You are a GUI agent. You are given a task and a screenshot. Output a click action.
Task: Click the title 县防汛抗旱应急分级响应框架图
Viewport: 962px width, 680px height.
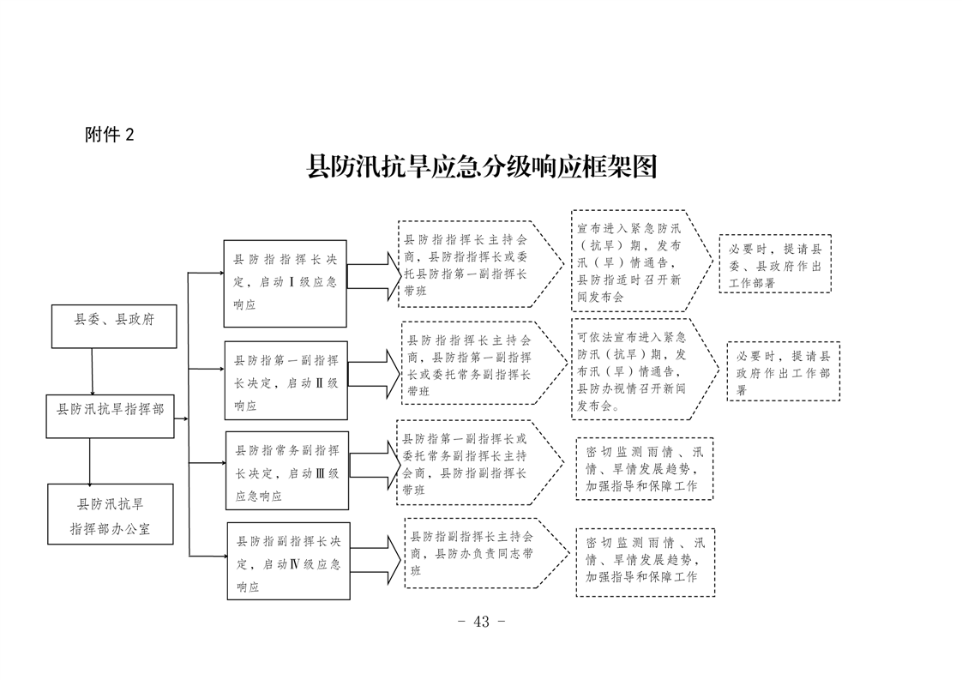pos(482,166)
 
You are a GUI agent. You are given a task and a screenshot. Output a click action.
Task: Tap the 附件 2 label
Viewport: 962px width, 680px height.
pos(110,134)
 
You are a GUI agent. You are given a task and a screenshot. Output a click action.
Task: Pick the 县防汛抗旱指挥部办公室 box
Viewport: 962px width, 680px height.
pos(110,515)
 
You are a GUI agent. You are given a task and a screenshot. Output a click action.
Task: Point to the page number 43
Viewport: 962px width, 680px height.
pos(480,622)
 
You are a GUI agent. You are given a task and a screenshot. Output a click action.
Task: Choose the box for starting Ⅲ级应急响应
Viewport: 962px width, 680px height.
pos(287,471)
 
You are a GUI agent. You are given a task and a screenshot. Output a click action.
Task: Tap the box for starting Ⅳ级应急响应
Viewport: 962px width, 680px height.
pos(288,560)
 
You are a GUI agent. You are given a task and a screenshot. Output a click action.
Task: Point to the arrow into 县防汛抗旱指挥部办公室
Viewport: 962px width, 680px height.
pos(90,461)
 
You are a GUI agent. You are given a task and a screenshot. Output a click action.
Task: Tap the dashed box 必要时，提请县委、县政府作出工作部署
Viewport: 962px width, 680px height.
pos(774,263)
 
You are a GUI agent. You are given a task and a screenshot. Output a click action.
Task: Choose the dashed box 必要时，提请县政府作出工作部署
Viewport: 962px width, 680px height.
pos(783,371)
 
